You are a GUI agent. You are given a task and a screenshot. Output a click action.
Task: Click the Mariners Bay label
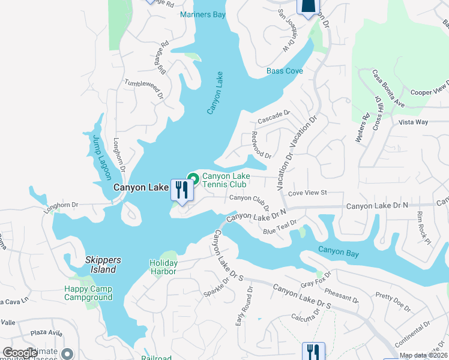tap(202, 14)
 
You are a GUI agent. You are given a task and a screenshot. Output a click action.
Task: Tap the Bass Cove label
tap(285, 71)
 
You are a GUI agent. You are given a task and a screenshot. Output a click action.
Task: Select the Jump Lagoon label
tap(101, 157)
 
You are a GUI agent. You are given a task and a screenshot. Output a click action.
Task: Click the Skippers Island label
tap(103, 265)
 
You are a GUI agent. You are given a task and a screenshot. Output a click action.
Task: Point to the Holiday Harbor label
tap(163, 267)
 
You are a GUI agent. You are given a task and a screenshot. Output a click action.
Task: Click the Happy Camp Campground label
tap(88, 293)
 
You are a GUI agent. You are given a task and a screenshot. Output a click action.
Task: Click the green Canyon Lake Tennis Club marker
tap(194, 178)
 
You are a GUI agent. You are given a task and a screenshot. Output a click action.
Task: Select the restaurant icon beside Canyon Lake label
tap(181, 190)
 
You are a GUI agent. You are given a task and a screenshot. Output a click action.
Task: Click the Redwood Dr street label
tap(262, 145)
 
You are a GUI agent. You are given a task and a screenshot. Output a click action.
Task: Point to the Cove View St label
tap(307, 193)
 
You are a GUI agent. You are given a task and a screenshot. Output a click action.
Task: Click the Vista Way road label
tap(413, 122)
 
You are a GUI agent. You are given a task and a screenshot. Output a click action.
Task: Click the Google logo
tap(20, 353)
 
